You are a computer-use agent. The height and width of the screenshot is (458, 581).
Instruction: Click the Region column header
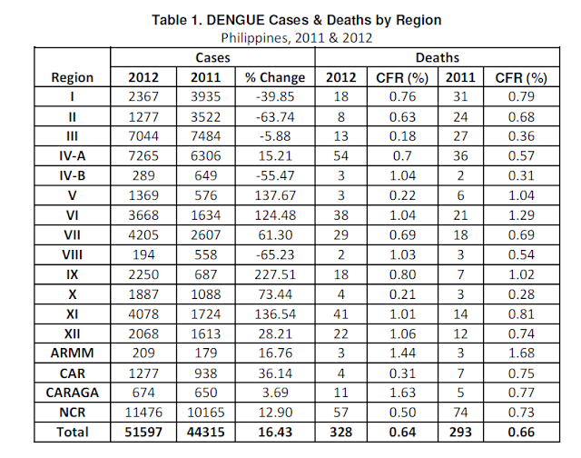pos(72,77)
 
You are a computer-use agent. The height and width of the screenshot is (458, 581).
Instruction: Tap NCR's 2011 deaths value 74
pos(458,413)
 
